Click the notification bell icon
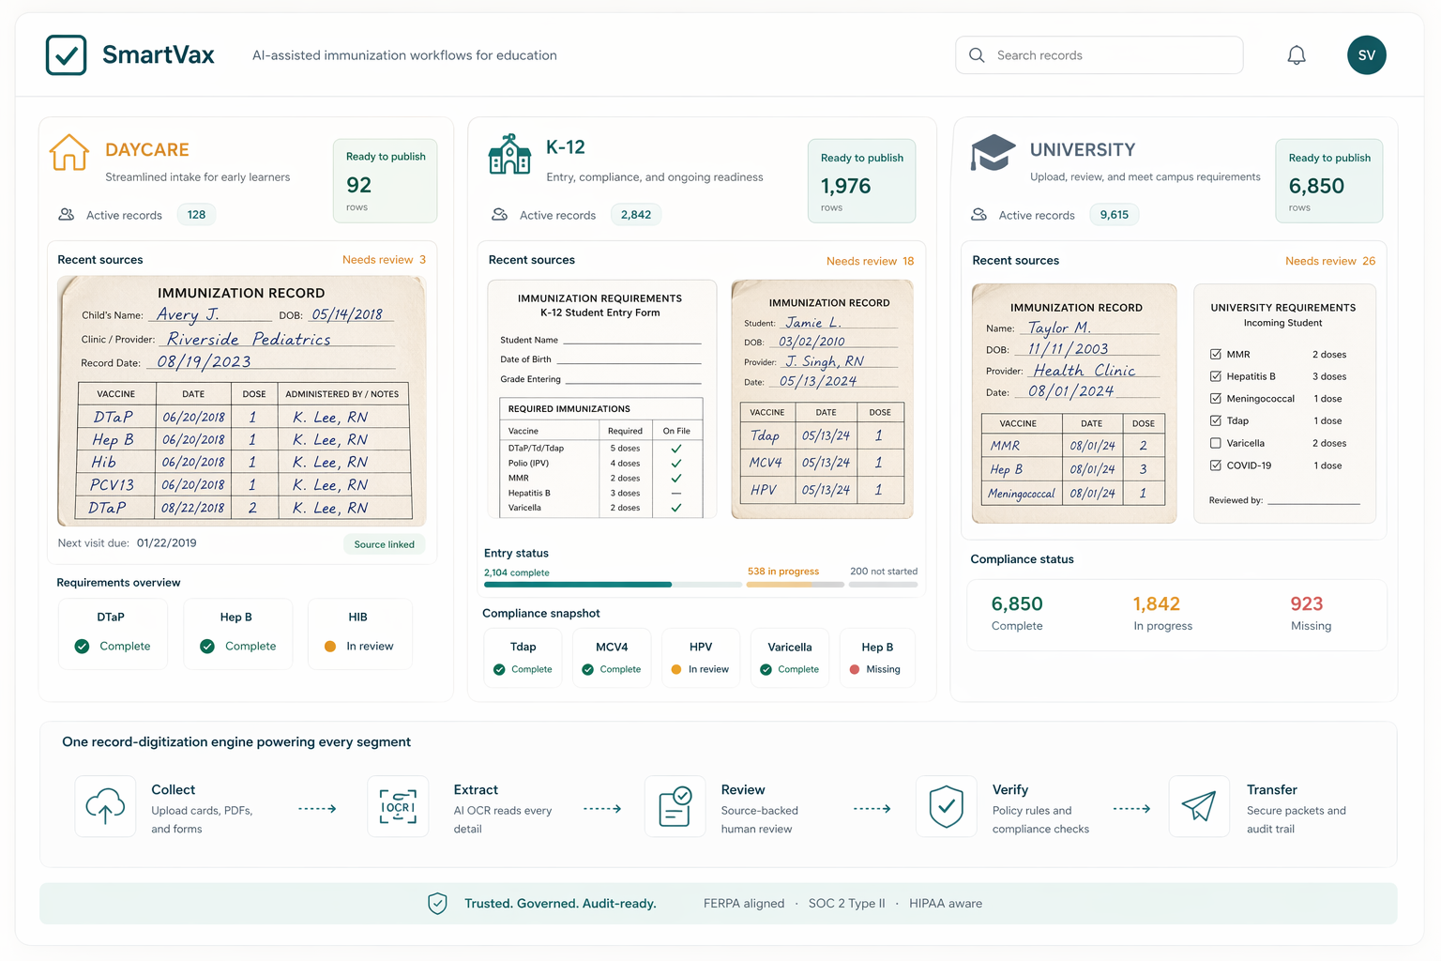(x=1296, y=55)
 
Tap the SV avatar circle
(x=1366, y=55)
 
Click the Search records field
(x=1099, y=55)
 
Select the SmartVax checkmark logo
(x=67, y=55)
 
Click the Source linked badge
(x=384, y=544)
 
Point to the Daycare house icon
(x=69, y=152)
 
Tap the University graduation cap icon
(x=993, y=152)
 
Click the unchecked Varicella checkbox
(x=1216, y=443)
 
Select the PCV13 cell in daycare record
(x=112, y=485)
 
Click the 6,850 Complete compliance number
(x=1017, y=604)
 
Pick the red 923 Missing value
(x=1306, y=604)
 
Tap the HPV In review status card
(x=700, y=658)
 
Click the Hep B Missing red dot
(x=855, y=670)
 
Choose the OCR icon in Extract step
(x=398, y=806)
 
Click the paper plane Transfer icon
(x=1198, y=806)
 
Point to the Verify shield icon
(x=946, y=806)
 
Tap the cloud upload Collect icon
(x=105, y=806)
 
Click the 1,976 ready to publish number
(x=845, y=187)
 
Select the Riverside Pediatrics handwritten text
(x=249, y=340)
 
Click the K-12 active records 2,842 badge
(x=635, y=215)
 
